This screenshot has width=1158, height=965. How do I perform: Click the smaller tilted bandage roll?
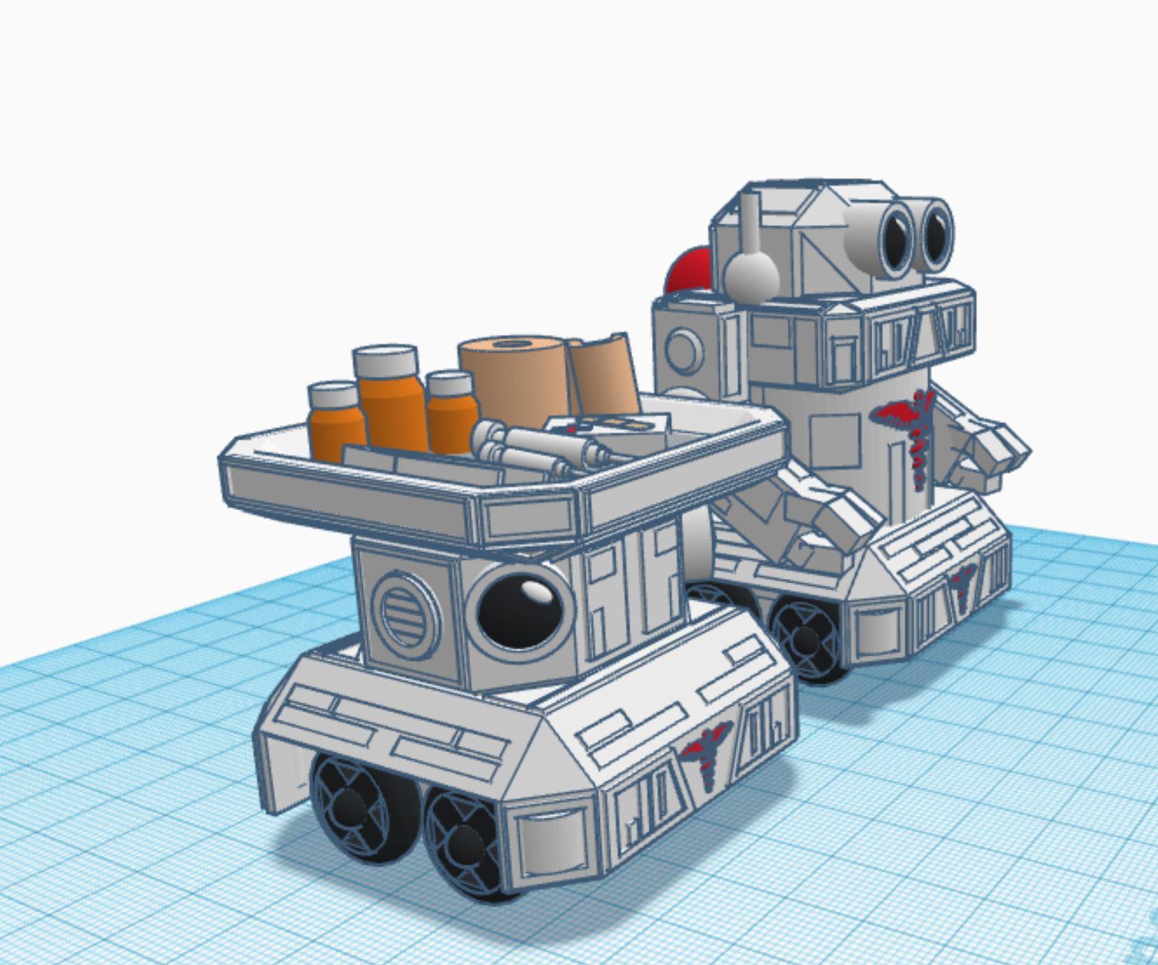(603, 376)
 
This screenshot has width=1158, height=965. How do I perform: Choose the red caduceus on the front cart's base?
(706, 752)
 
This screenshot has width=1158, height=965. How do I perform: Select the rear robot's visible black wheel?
(805, 638)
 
